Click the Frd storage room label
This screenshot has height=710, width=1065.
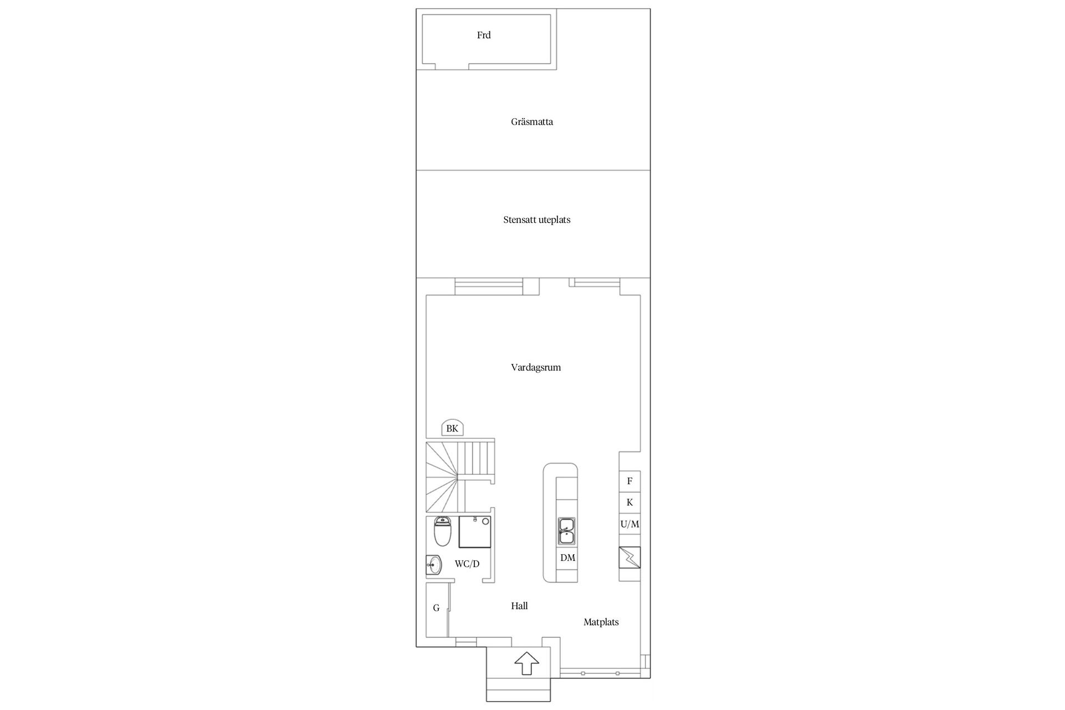pyautogui.click(x=484, y=35)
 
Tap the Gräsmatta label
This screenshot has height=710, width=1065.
pyautogui.click(x=532, y=121)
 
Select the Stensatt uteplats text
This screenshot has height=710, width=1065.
pyautogui.click(x=537, y=220)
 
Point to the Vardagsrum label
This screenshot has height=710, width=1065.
pyautogui.click(x=536, y=367)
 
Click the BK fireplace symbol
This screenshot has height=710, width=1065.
pyautogui.click(x=452, y=428)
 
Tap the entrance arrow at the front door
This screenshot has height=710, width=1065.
pyautogui.click(x=526, y=663)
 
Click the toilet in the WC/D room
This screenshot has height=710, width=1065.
pyautogui.click(x=442, y=531)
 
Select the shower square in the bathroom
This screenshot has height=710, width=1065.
pyautogui.click(x=475, y=531)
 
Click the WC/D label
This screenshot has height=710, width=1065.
pyautogui.click(x=467, y=564)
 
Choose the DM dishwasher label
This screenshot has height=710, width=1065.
pyautogui.click(x=567, y=558)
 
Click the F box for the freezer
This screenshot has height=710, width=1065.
pyautogui.click(x=630, y=481)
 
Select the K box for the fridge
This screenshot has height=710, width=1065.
pyautogui.click(x=630, y=503)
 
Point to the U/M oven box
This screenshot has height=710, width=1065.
pyautogui.click(x=630, y=524)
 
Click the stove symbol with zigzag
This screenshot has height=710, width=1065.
pyautogui.click(x=630, y=557)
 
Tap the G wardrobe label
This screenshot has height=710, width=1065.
pyautogui.click(x=436, y=608)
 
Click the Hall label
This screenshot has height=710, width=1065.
pyautogui.click(x=519, y=606)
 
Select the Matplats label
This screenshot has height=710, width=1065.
pyautogui.click(x=601, y=622)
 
